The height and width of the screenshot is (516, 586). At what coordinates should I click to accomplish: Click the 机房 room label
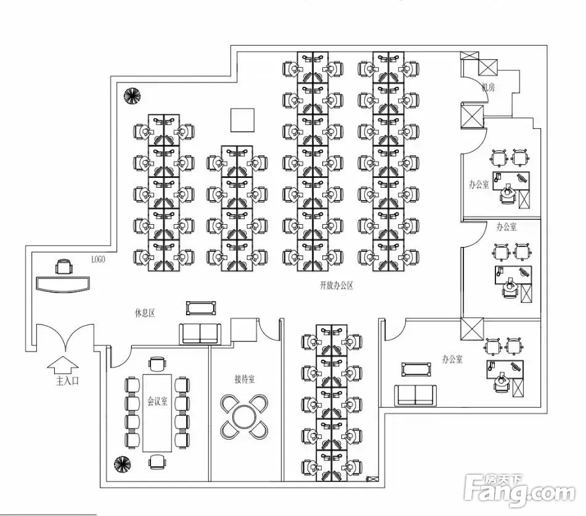[x=489, y=87]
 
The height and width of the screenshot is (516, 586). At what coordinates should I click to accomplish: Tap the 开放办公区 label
[x=336, y=286]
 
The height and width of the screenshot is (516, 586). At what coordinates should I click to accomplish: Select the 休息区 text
[x=145, y=313]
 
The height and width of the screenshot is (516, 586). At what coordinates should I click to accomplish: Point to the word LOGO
[x=98, y=260]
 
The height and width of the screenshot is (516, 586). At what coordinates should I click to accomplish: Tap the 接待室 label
[x=245, y=379]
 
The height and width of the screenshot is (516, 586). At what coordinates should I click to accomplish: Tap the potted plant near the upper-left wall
[x=131, y=95]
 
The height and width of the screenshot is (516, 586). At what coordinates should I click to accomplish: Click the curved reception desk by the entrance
[x=63, y=283]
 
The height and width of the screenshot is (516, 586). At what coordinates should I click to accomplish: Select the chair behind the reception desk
[x=63, y=267]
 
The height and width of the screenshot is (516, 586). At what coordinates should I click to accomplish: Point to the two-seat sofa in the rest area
[x=200, y=333]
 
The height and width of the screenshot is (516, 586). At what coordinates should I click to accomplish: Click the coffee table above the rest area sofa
[x=200, y=307]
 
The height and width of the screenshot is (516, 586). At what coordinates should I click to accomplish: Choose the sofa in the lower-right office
[x=415, y=394]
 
